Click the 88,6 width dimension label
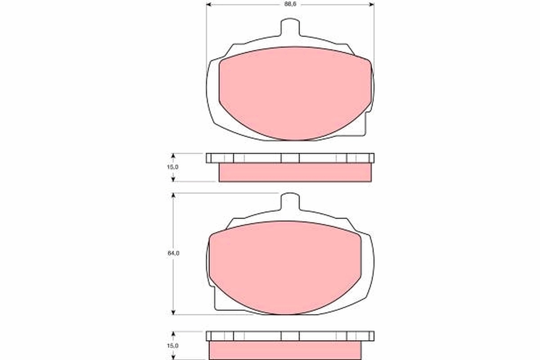click(x=290, y=4)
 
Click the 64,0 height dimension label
click(x=174, y=253)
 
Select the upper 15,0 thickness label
click(x=173, y=167)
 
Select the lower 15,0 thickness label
click(x=173, y=346)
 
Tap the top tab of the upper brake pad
click(x=290, y=27)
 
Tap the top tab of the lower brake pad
click(x=290, y=202)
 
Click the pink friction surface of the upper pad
click(x=295, y=93)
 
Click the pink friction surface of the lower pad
click(x=285, y=268)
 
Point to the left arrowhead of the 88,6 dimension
click(x=209, y=4)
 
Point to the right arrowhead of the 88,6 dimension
click(x=372, y=4)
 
